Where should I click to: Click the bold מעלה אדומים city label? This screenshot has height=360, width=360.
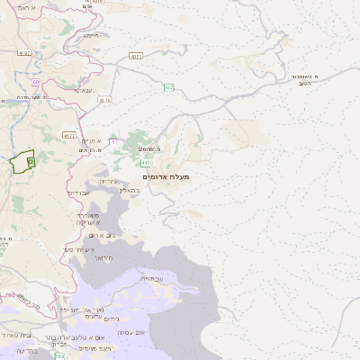[166, 177]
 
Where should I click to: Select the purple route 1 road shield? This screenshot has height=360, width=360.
[112, 141]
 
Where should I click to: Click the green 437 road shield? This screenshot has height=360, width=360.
[169, 87]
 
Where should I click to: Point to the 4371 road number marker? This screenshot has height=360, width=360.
[136, 56]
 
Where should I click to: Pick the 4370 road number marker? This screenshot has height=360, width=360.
[105, 100]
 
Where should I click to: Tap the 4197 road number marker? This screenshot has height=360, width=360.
[23, 52]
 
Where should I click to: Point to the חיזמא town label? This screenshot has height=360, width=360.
[90, 37]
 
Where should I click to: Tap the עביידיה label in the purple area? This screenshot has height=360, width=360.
[150, 279]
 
